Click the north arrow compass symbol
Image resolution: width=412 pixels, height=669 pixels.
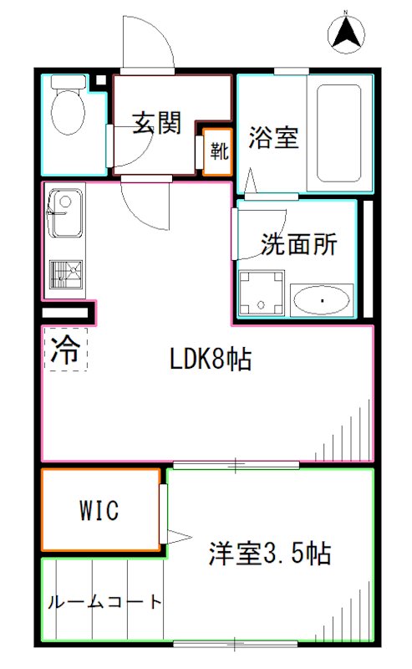coord(346,34)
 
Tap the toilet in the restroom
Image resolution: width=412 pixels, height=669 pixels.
coord(68,105)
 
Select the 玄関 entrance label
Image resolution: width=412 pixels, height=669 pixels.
coord(156,123)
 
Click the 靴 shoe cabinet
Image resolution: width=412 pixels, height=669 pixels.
coord(217,152)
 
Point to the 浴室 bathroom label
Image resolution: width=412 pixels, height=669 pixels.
coord(273,137)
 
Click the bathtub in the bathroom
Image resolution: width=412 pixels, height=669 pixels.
coord(339,133)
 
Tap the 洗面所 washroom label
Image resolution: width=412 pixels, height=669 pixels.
coord(298,243)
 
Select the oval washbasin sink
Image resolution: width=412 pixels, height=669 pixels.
coord(322,300)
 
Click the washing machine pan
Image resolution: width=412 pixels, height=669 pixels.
coord(262,294)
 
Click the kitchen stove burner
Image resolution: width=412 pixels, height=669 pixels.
coord(66,274)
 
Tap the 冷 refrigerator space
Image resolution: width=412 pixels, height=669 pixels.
coord(66,350)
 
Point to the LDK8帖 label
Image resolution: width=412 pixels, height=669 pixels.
coord(211,359)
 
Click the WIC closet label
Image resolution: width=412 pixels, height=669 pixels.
coord(99,509)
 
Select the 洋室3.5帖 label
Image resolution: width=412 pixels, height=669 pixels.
coord(270,554)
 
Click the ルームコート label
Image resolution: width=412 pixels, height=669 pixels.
coord(105,601)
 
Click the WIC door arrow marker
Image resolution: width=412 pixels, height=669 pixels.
coord(179,537)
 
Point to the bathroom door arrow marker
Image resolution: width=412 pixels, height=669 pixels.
coord(251,181)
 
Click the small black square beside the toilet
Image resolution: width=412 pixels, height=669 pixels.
coord(100,79)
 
